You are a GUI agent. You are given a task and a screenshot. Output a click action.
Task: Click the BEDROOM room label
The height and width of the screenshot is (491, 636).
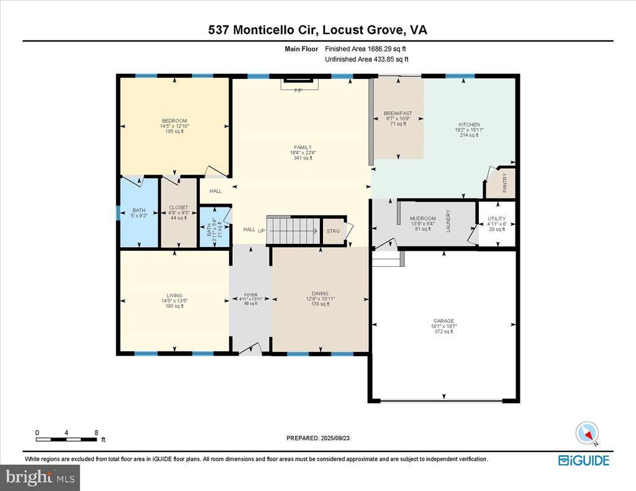tap(174, 120)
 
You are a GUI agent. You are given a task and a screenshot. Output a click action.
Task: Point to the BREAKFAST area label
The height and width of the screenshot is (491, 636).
tap(397, 113)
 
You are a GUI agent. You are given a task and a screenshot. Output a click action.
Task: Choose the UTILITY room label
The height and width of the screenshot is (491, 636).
tap(496, 219)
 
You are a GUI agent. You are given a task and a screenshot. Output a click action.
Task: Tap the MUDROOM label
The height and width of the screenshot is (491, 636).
tap(422, 218)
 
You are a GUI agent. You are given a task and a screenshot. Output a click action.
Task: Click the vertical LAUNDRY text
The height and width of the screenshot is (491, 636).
tap(448, 221)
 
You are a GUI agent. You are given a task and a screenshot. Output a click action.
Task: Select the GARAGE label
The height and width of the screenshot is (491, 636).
tap(443, 321)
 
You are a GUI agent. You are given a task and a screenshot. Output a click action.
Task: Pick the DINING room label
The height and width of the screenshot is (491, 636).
tap(320, 294)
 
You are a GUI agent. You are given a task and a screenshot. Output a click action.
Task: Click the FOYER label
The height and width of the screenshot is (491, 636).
tap(250, 295)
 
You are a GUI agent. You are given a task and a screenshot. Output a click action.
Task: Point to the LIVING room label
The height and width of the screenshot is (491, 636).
tap(174, 295)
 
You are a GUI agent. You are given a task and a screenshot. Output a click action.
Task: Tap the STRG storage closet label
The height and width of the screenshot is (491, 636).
tap(332, 231)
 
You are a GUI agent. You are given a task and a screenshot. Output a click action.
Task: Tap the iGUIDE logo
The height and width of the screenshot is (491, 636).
tap(583, 460)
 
